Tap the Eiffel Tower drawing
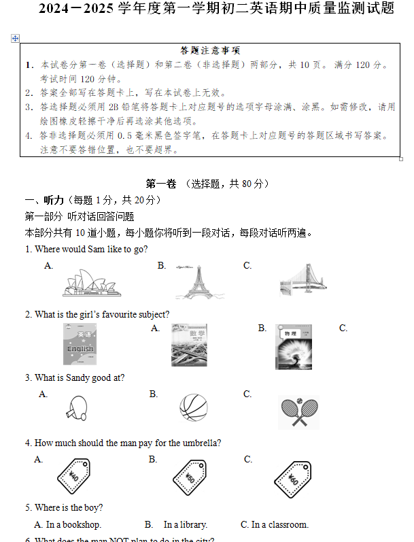click(198, 282)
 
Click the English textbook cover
click(80, 345)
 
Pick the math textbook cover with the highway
click(189, 345)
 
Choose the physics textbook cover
click(294, 346)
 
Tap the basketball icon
click(193, 407)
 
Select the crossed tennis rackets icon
click(298, 411)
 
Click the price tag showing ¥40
click(74, 475)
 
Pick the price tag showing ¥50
click(189, 475)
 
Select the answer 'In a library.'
click(186, 524)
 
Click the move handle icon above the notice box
click(16, 39)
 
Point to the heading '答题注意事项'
click(210, 50)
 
